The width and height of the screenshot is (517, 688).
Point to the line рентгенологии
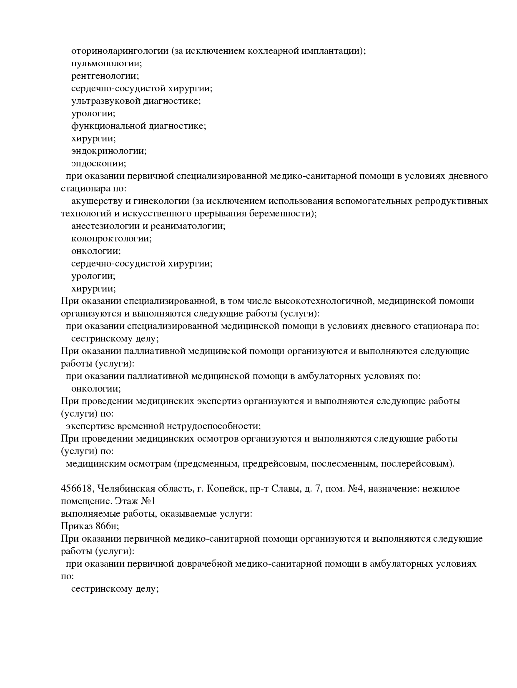[105, 76]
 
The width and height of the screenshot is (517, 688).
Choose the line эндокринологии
[109, 151]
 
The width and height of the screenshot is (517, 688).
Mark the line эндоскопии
[99, 163]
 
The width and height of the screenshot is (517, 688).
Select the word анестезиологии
[104, 226]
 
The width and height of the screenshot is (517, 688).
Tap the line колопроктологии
[111, 239]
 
